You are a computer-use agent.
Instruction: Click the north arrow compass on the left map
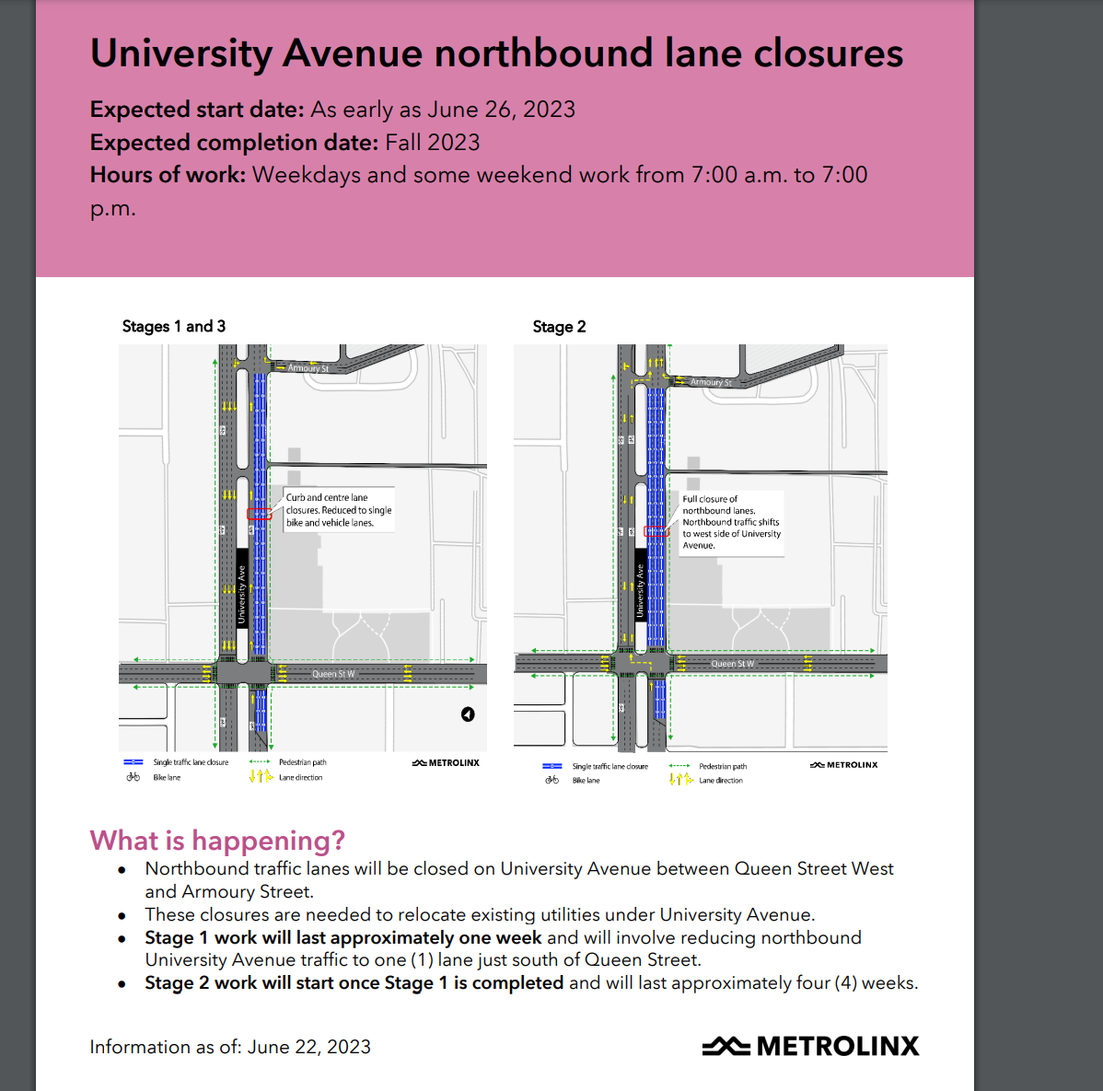[468, 714]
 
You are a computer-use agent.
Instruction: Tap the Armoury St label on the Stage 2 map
[711, 382]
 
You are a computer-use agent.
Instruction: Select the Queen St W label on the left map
[333, 674]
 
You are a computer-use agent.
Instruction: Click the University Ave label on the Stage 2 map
[641, 590]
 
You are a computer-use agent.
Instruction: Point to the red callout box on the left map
[260, 514]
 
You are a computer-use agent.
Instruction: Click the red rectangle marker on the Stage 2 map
[656, 531]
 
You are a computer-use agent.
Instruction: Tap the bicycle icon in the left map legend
[134, 777]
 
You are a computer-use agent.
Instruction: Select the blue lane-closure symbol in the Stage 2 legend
[552, 766]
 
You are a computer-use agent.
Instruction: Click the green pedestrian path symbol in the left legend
[260, 762]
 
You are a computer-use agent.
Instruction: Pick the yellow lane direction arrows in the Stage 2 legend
[680, 780]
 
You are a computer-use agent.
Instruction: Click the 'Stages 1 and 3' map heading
[174, 327]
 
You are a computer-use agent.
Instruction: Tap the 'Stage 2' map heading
[559, 327]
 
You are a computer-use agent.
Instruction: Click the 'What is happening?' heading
[217, 841]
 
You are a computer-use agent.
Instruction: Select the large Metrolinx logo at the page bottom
[811, 1046]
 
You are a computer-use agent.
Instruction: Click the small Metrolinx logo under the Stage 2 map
[844, 765]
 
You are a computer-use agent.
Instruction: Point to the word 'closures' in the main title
[829, 53]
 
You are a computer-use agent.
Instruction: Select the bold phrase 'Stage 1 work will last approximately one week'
[343, 937]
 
